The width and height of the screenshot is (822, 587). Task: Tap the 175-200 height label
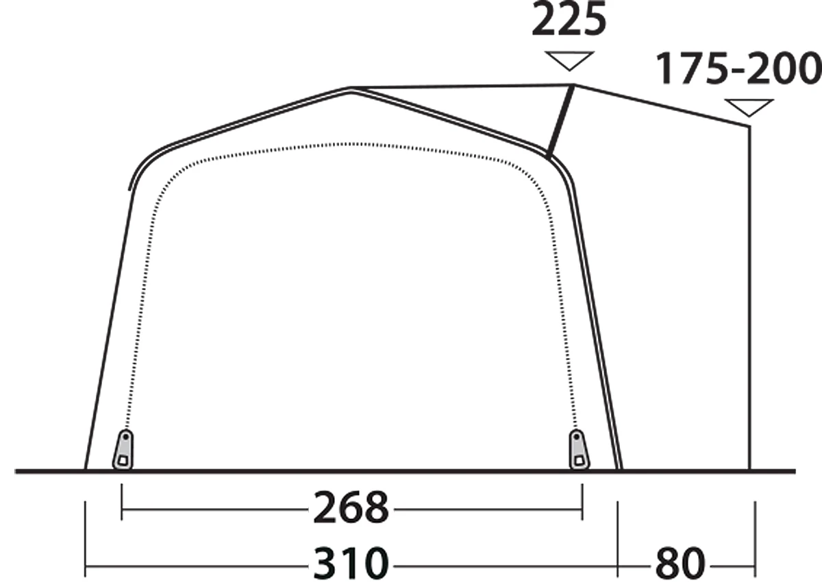738,69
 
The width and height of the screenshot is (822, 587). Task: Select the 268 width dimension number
351,508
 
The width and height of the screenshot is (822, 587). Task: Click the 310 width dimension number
351,563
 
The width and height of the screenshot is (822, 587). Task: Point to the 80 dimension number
680,563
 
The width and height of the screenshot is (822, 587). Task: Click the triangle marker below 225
569,60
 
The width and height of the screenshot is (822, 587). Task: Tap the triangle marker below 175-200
749,108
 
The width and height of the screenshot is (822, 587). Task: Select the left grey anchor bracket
123,449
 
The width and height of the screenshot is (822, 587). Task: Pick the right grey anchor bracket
579,449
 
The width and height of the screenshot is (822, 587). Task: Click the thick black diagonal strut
560,121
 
